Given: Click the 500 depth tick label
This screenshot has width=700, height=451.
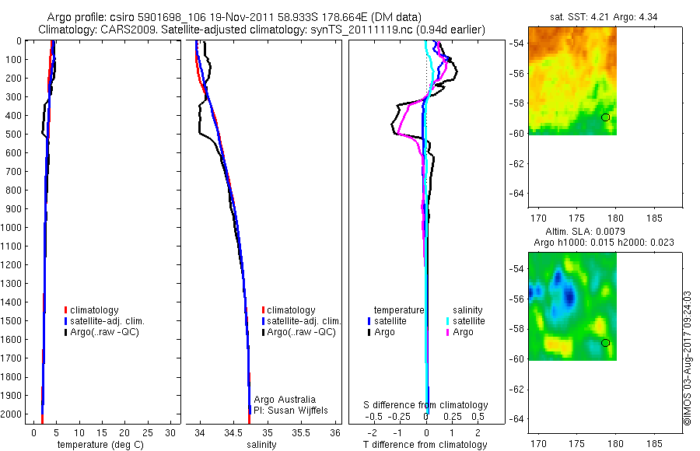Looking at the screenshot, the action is pyautogui.click(x=13, y=135).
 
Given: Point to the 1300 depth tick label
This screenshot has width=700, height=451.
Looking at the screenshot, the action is pyautogui.click(x=11, y=284).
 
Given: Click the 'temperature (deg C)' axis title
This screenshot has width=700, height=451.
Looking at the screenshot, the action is pyautogui.click(x=101, y=445).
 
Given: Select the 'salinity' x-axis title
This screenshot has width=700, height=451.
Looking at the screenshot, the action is pyautogui.click(x=261, y=445).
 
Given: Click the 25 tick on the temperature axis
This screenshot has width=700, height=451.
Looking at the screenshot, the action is pyautogui.click(x=147, y=432).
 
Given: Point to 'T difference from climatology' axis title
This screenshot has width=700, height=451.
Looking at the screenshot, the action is pyautogui.click(x=425, y=445).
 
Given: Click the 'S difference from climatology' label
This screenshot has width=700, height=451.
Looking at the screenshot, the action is pyautogui.click(x=425, y=405).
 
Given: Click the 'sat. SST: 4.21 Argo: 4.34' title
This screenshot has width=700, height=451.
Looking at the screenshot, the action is pyautogui.click(x=604, y=17).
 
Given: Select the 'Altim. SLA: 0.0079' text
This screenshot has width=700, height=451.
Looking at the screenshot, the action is pyautogui.click(x=585, y=232).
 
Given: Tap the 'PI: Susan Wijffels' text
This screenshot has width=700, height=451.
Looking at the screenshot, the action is pyautogui.click(x=291, y=411).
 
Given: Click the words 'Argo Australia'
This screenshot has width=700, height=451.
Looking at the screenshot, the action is pyautogui.click(x=285, y=400).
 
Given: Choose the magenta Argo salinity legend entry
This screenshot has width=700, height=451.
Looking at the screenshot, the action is pyautogui.click(x=459, y=332).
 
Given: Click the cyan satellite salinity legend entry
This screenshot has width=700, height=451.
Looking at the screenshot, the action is pyautogui.click(x=465, y=321).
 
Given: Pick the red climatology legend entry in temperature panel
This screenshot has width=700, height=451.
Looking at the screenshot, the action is pyautogui.click(x=92, y=310).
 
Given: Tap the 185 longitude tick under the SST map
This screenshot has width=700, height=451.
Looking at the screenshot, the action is pyautogui.click(x=654, y=219).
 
